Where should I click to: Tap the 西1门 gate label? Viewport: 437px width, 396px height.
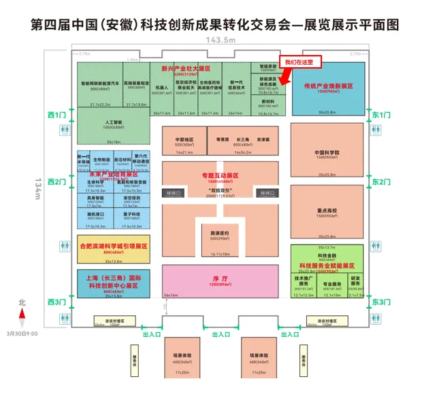(x=57, y=115)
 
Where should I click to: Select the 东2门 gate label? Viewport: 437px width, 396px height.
(x=381, y=181)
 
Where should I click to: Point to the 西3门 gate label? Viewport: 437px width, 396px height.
(x=57, y=301)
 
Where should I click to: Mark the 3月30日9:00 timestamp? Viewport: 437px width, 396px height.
(x=22, y=334)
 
